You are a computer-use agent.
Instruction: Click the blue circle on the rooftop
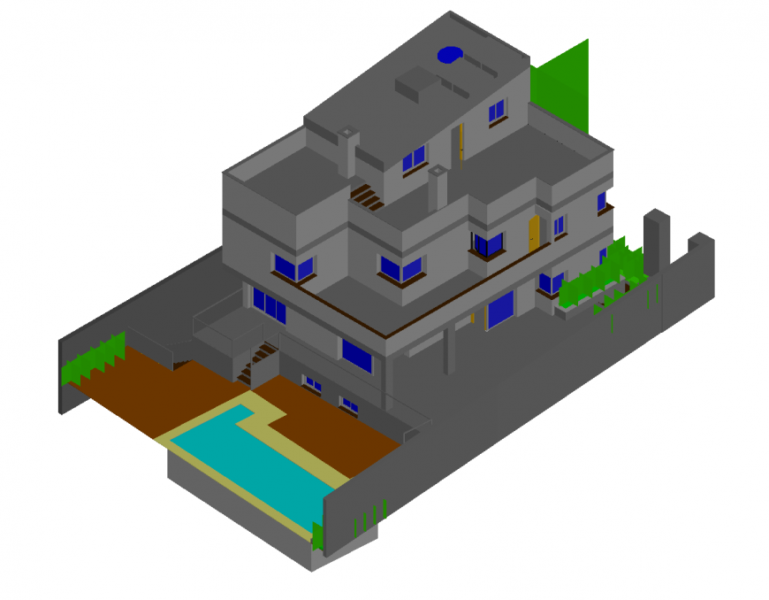[x=450, y=55]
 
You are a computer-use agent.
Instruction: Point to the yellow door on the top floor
[x=461, y=141]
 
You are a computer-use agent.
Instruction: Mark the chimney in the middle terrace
[x=438, y=187]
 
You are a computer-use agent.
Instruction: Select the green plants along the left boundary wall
[x=91, y=359]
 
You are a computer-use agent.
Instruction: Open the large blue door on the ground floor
[x=500, y=309]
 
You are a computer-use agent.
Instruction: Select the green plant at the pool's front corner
[x=317, y=536]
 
